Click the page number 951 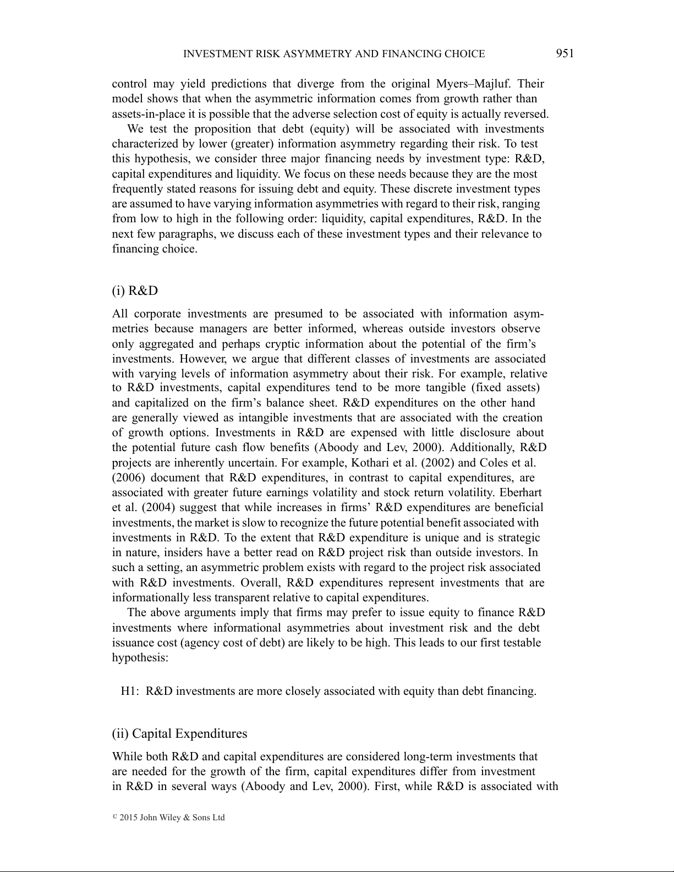(x=565, y=53)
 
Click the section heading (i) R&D (x=135, y=290)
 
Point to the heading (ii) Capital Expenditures (x=179, y=733)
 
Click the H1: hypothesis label (x=131, y=691)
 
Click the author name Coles (x=495, y=463)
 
